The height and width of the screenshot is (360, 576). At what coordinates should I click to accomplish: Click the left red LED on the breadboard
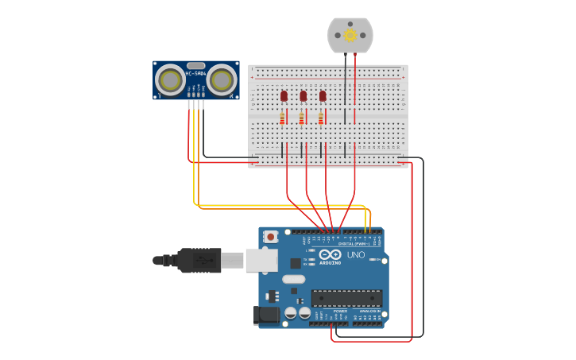click(x=284, y=96)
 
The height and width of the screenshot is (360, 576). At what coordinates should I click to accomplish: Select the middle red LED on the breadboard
click(x=303, y=96)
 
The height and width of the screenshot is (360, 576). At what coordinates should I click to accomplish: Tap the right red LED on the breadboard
click(x=323, y=96)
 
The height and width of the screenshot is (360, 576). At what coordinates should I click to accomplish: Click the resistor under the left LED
click(x=282, y=118)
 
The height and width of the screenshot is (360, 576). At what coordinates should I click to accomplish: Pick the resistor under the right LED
click(x=321, y=118)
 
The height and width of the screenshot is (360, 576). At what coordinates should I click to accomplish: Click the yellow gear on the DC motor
click(x=350, y=35)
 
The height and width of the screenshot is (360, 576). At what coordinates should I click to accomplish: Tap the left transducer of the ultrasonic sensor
click(x=169, y=80)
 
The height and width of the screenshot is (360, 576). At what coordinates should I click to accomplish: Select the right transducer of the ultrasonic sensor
click(x=222, y=80)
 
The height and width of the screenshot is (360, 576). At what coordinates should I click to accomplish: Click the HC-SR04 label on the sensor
click(x=195, y=74)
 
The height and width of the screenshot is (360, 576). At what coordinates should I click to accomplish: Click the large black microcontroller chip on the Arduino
click(x=346, y=298)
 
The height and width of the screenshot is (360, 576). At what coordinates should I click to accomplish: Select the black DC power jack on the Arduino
click(x=267, y=315)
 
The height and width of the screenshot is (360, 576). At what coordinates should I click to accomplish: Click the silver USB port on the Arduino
click(x=261, y=260)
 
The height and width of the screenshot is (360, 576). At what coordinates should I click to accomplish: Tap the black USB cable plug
click(x=199, y=260)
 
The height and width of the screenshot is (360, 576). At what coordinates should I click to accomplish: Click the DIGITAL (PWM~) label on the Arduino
click(x=352, y=243)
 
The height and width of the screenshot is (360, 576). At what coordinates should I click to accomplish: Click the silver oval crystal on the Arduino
click(x=293, y=279)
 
